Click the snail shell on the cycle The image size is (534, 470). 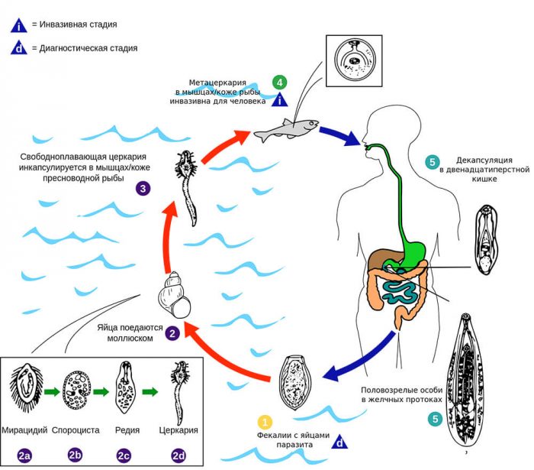tap(174, 295)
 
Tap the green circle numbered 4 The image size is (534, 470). tap(281, 82)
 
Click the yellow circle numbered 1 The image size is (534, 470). tap(265, 421)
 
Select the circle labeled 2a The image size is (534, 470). tap(24, 455)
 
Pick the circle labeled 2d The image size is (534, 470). tap(179, 455)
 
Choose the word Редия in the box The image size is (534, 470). tap(127, 431)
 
